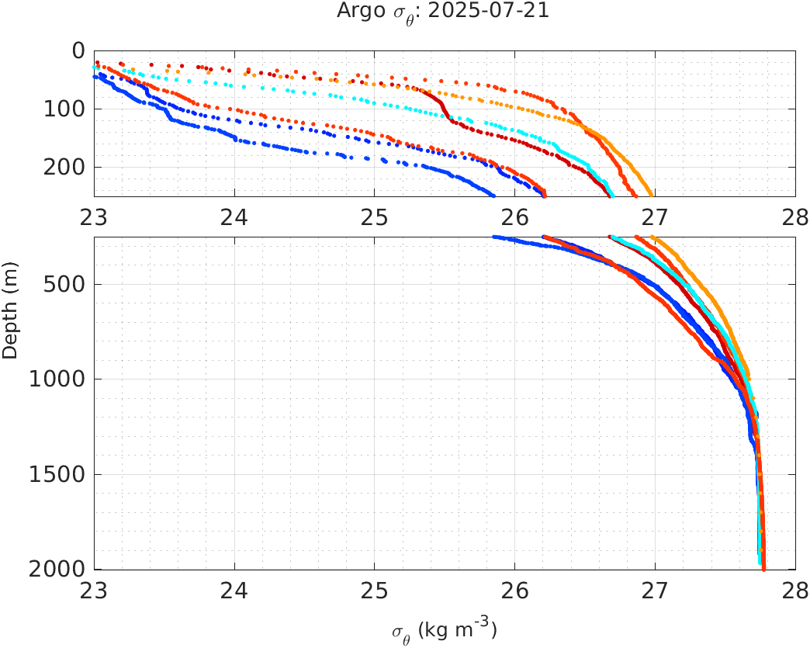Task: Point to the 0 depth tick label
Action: pyautogui.click(x=78, y=50)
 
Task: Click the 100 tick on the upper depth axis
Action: pyautogui.click(x=67, y=109)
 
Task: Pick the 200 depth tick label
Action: pyautogui.click(x=67, y=167)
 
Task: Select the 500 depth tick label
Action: pyautogui.click(x=67, y=284)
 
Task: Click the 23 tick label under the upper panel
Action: pyautogui.click(x=95, y=216)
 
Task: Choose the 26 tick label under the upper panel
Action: pyautogui.click(x=515, y=216)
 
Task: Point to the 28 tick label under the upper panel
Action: pyautogui.click(x=794, y=216)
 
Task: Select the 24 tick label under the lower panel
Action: pyautogui.click(x=234, y=590)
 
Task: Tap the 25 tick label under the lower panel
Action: pyautogui.click(x=375, y=590)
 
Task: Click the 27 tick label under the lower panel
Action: pyautogui.click(x=655, y=590)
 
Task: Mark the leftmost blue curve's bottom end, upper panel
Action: pyautogui.click(x=493, y=194)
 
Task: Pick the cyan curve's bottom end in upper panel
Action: pyautogui.click(x=611, y=194)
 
